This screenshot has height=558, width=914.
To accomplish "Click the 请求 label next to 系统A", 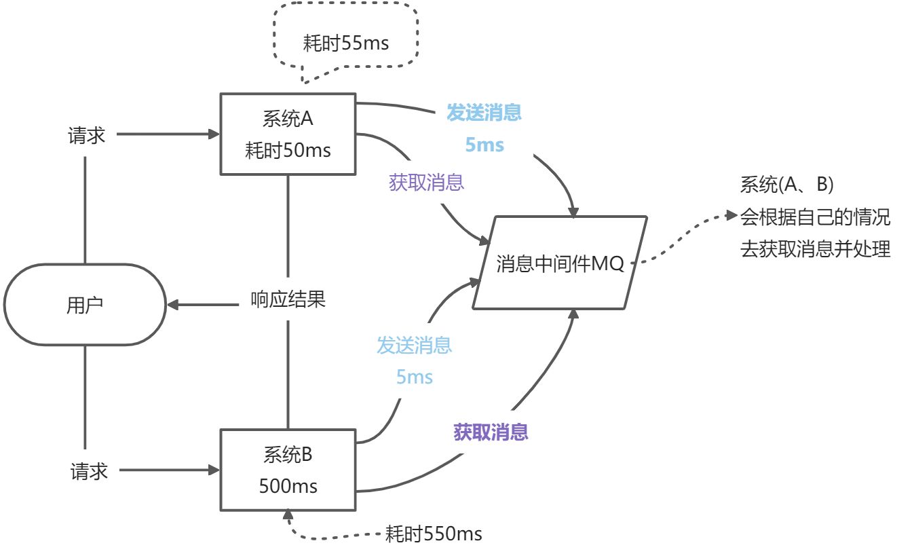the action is [86, 135].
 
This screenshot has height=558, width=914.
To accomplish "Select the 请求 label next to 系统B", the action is [89, 471].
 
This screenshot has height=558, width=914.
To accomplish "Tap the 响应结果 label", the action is [288, 299].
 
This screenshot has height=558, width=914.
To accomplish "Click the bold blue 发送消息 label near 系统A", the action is [484, 112].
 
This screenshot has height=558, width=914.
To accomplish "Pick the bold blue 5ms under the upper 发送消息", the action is [484, 145].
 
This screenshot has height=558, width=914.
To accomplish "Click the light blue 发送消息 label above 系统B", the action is [414, 346].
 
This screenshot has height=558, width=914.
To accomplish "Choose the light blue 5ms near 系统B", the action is [415, 377].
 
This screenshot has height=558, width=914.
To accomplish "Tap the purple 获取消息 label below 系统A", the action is [426, 182].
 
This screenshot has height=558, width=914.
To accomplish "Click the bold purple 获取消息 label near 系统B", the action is [491, 432].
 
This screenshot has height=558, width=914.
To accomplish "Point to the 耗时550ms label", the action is [434, 534].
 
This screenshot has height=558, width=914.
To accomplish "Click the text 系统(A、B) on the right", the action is [786, 184].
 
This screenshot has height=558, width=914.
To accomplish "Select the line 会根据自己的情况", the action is [815, 217].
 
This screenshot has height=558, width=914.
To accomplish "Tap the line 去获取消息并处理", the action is [815, 249].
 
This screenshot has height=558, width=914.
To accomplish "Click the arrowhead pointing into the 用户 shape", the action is [173, 305].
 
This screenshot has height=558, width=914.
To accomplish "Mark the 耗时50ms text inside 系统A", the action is [288, 150].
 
